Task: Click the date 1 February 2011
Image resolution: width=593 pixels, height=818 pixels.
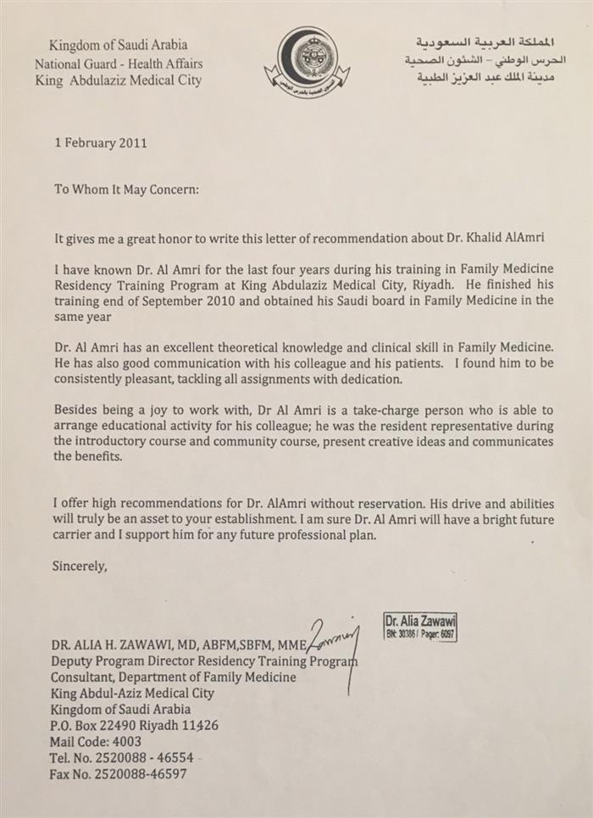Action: pyautogui.click(x=100, y=143)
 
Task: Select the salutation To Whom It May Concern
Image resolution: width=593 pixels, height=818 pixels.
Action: pyautogui.click(x=126, y=190)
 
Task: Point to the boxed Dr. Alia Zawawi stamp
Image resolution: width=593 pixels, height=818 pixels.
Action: pyautogui.click(x=419, y=625)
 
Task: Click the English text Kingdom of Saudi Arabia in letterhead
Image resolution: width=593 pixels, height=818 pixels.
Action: pyautogui.click(x=119, y=45)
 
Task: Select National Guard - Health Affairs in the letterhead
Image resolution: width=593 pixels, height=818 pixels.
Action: pyautogui.click(x=119, y=64)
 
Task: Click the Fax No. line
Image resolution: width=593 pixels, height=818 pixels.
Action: pyautogui.click(x=119, y=773)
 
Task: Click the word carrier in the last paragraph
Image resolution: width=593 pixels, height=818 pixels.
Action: pyautogui.click(x=75, y=536)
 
